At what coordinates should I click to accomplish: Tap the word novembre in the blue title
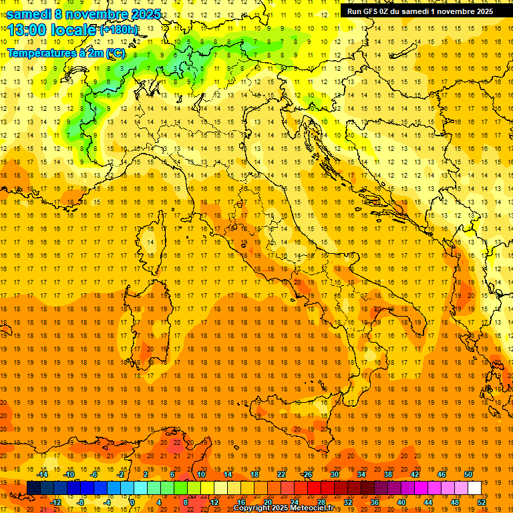(98, 14)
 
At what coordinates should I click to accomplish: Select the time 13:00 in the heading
(27, 30)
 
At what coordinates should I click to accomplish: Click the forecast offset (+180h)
(119, 30)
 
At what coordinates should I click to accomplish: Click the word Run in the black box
(355, 11)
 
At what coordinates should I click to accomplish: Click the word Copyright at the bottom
(252, 508)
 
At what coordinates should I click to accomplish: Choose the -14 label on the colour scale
(42, 474)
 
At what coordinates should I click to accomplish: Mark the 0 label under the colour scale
(132, 502)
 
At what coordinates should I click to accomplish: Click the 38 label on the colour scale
(388, 474)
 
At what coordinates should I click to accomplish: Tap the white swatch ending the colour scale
(474, 488)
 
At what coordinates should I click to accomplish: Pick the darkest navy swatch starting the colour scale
(33, 488)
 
